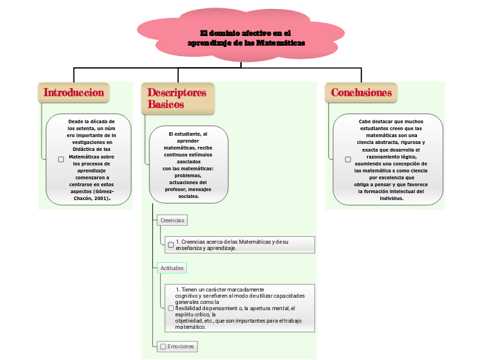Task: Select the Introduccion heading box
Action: [x=73, y=93]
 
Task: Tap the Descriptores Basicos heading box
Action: [x=177, y=98]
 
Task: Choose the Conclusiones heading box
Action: [x=361, y=93]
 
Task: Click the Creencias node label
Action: [x=172, y=220]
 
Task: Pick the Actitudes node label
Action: [x=172, y=267]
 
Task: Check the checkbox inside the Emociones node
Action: [x=163, y=346]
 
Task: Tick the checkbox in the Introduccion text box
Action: [x=61, y=159]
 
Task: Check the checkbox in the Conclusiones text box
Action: [x=348, y=159]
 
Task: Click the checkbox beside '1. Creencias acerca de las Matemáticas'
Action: [x=170, y=244]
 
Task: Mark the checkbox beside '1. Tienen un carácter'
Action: [x=171, y=308]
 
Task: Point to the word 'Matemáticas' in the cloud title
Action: [x=280, y=43]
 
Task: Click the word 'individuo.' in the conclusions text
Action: [x=391, y=198]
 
